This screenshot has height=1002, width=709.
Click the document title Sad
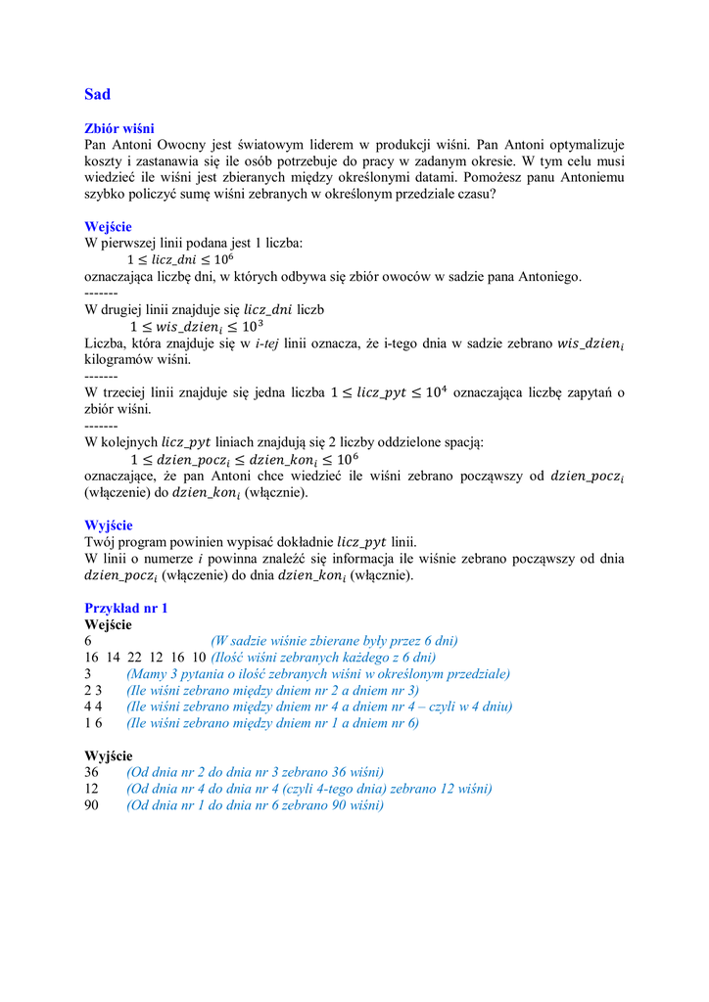[98, 95]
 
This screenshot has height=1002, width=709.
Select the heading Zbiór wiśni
[119, 128]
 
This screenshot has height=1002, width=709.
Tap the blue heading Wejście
[108, 227]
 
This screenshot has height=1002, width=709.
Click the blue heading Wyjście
[109, 525]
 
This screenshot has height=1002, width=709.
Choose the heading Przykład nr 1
[126, 608]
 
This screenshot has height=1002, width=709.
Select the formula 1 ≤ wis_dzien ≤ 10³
[197, 326]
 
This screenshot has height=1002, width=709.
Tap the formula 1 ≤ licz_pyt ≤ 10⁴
[389, 392]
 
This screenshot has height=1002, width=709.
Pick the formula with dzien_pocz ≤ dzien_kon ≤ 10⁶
[244, 459]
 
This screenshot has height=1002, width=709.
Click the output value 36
[93, 772]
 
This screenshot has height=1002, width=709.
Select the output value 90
[93, 805]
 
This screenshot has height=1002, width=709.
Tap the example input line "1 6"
[93, 723]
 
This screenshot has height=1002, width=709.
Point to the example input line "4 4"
[93, 706]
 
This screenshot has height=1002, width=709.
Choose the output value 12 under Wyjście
[93, 789]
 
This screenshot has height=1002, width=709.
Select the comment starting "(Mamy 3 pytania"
[318, 674]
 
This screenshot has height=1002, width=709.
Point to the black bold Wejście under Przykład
[109, 624]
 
